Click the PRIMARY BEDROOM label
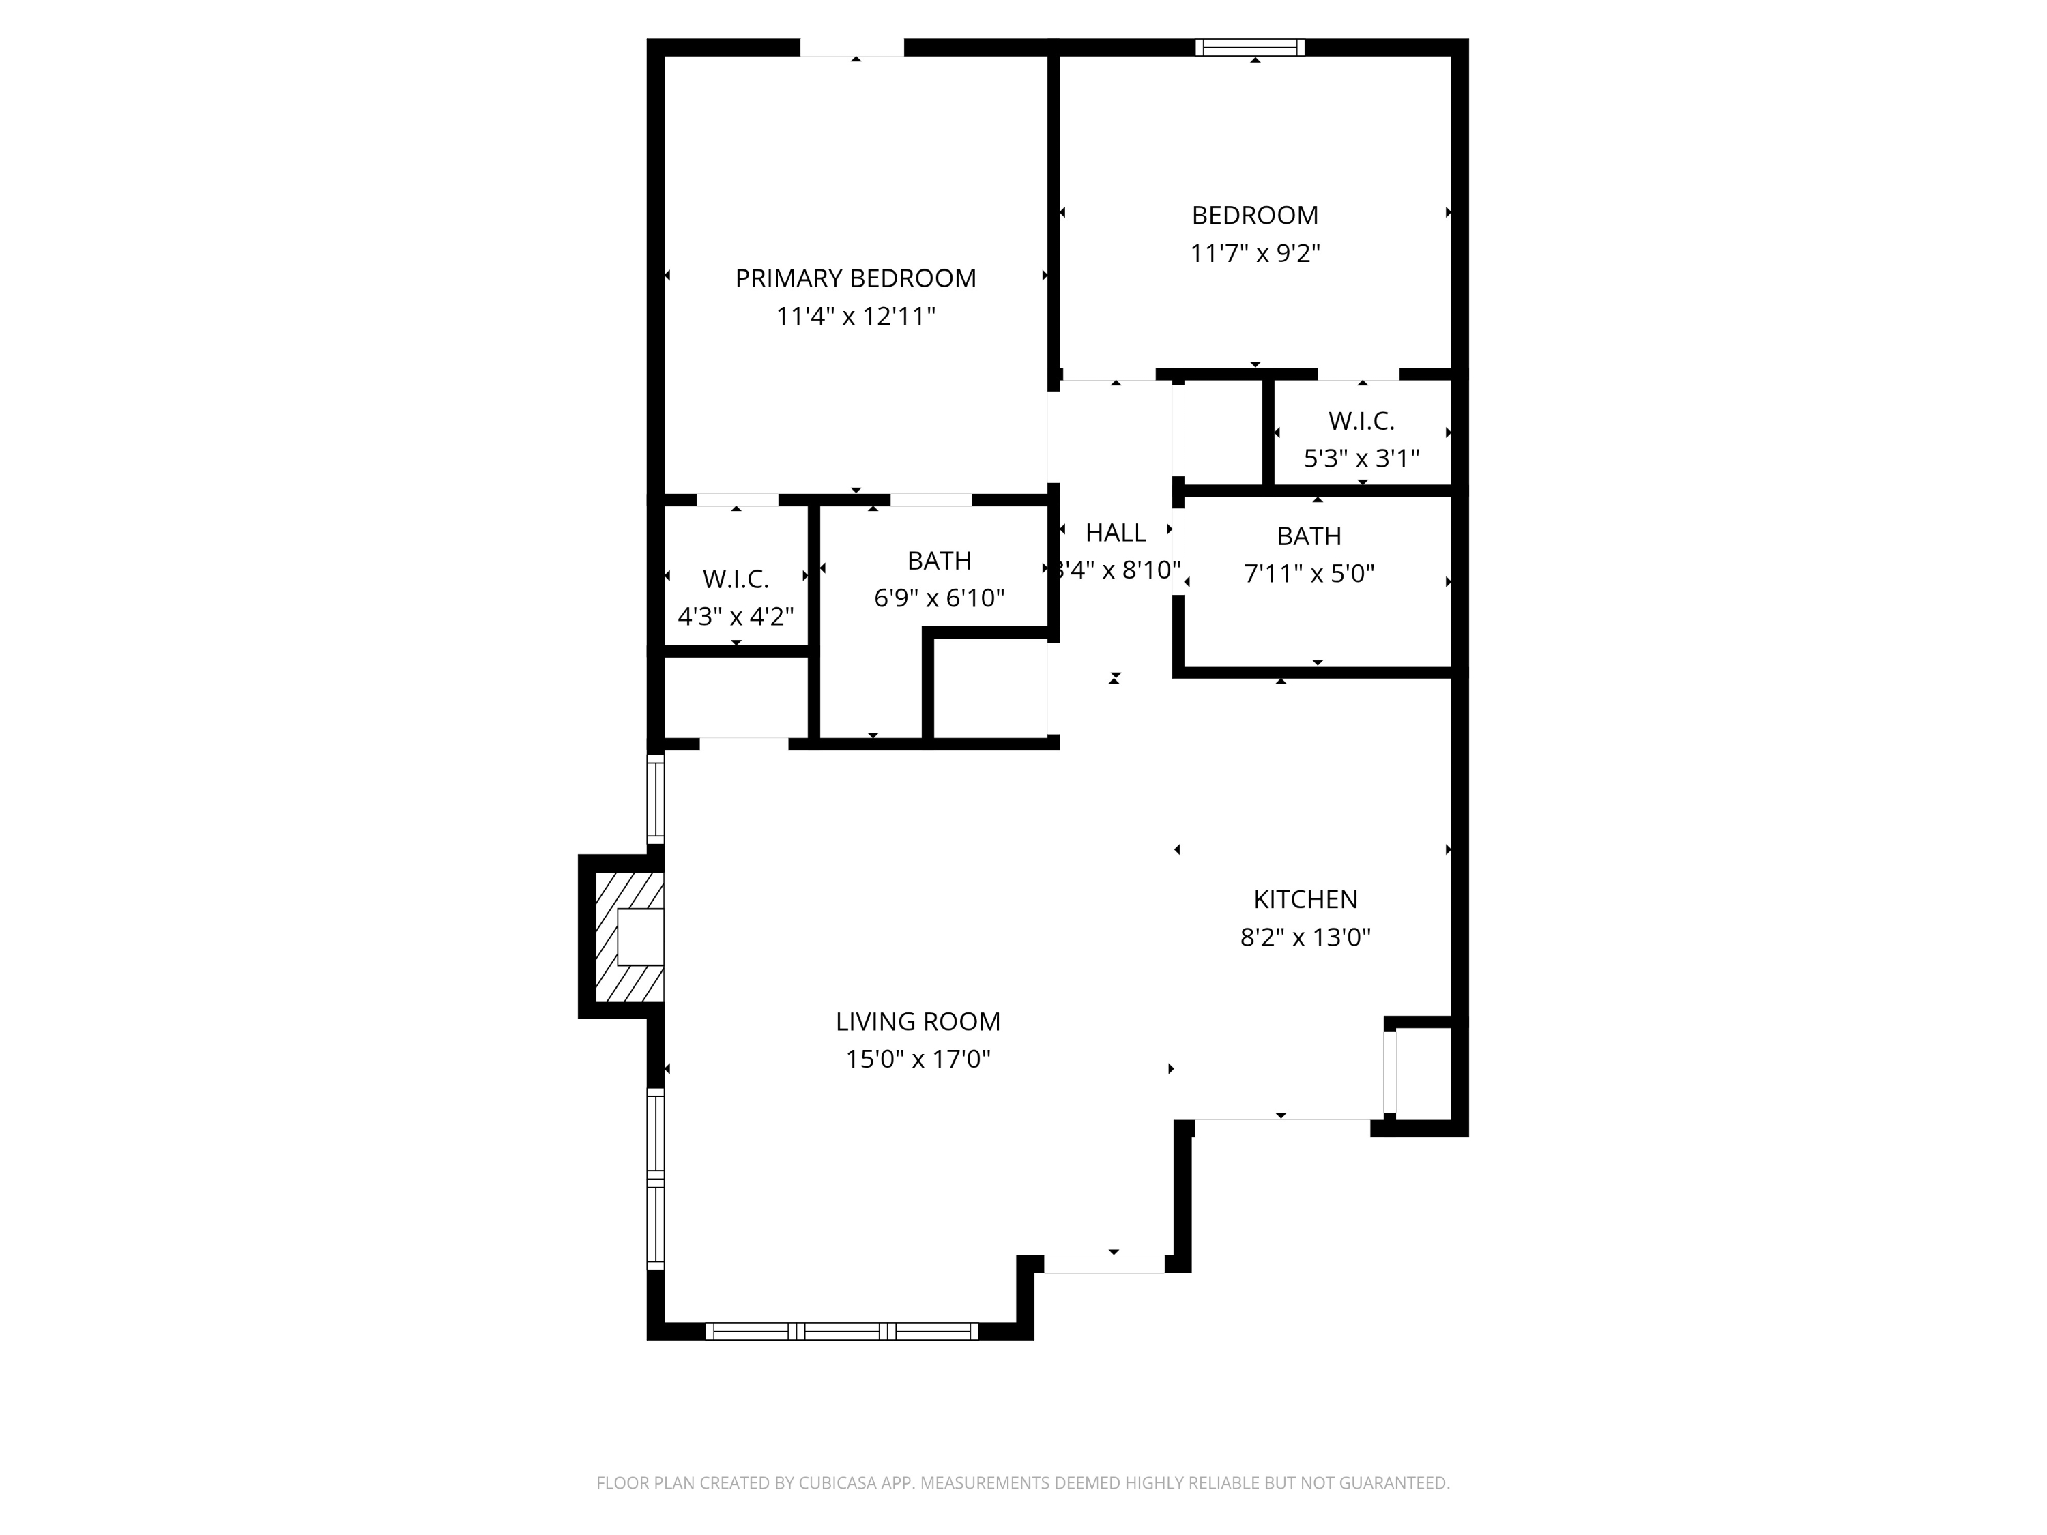point(855,278)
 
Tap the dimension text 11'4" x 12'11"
point(855,317)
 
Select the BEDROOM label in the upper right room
point(1255,216)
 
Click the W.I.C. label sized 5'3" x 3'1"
point(1361,421)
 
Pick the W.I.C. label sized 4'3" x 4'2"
point(736,579)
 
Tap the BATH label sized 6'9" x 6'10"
point(940,561)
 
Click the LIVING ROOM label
point(918,1021)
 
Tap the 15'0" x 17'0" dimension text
point(918,1059)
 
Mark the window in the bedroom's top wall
point(1250,47)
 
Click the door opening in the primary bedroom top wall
point(852,47)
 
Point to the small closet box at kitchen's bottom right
point(1423,1073)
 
